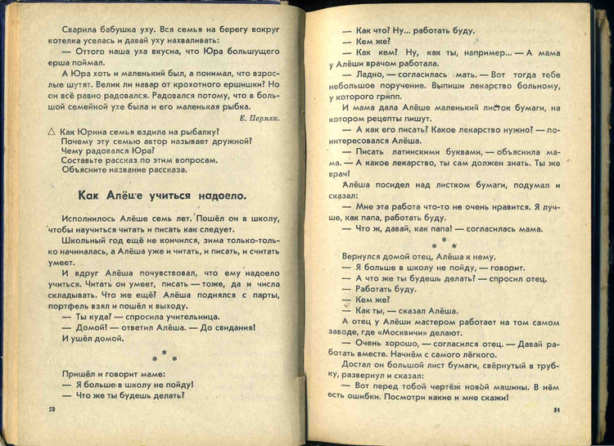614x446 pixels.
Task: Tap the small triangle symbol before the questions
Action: click(52, 131)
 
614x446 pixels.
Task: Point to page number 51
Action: click(556, 410)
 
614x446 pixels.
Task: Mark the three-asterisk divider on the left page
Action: click(165, 356)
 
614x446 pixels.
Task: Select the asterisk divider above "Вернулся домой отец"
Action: click(443, 243)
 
